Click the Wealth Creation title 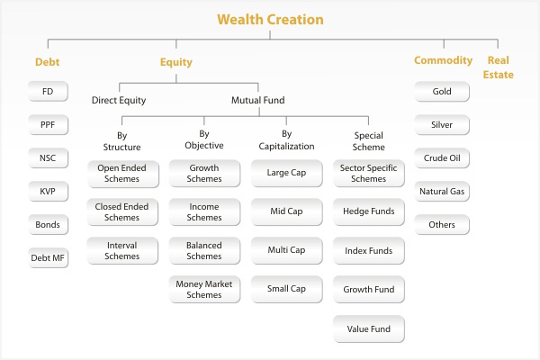(270, 20)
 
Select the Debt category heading (48, 62)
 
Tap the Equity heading (176, 62)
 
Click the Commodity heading (443, 60)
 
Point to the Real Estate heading (499, 67)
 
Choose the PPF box (48, 125)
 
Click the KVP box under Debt (48, 191)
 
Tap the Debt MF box (48, 257)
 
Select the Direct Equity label (119, 100)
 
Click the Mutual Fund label (258, 100)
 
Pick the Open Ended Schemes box (123, 174)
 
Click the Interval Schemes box (122, 251)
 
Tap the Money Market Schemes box (204, 290)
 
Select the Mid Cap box (286, 211)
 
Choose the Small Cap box (286, 290)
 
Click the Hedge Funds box (369, 211)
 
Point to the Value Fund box (369, 329)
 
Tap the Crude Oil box (442, 158)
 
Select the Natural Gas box (442, 191)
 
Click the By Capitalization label (286, 139)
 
